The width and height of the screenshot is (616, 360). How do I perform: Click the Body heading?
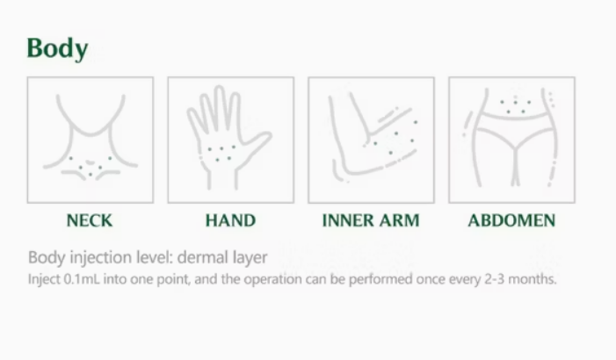[57, 48]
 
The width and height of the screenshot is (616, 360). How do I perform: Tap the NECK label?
[90, 220]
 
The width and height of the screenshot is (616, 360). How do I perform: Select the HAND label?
[230, 220]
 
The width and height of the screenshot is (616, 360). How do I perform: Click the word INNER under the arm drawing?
[344, 220]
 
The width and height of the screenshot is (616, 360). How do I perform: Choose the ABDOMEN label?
[511, 220]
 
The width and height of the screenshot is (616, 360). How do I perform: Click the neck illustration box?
[91, 140]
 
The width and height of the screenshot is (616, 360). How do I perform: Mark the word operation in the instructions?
[273, 279]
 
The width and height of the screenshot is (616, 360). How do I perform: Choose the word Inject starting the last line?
[44, 279]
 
